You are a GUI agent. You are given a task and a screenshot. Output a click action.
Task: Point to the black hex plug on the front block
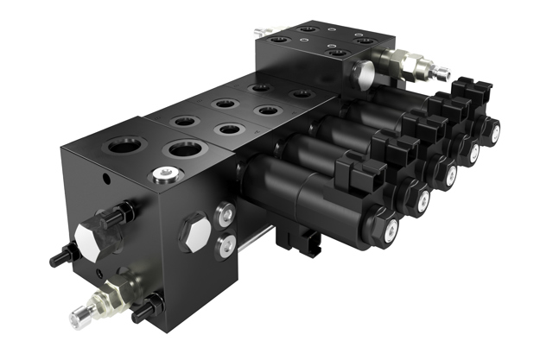[x=193, y=232]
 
